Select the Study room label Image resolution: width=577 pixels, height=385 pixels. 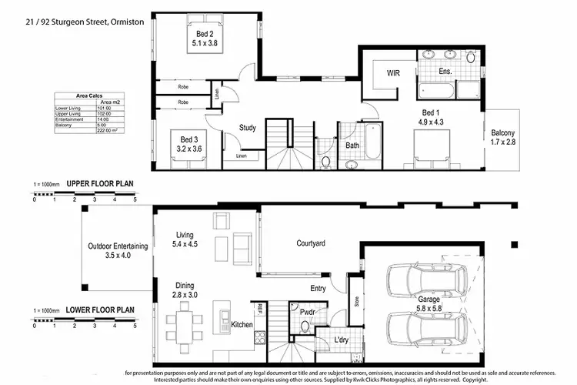[x=247, y=128]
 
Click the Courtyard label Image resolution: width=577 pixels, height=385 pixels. [x=311, y=243]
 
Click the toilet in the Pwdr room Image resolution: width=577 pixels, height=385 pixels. [x=305, y=326]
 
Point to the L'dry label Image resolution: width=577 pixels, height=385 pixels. [x=341, y=340]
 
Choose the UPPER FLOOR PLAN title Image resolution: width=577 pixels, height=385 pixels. [x=101, y=184]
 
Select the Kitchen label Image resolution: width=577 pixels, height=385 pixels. [x=242, y=325]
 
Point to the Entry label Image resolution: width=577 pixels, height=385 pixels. [x=317, y=289]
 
